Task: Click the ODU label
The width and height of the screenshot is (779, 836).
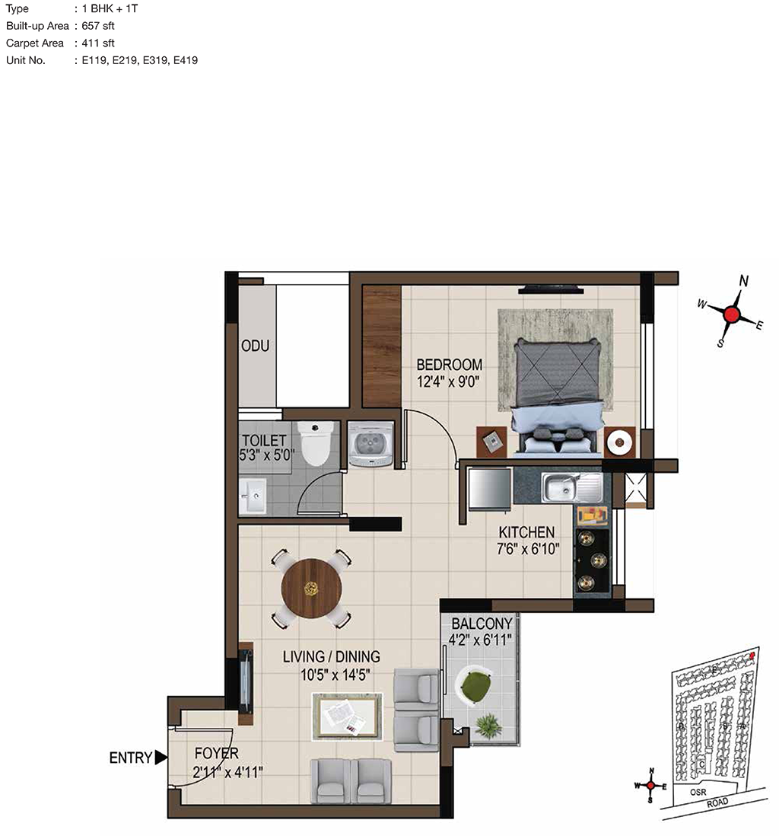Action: pos(255,346)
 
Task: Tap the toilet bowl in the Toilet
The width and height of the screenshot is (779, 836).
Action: pos(316,442)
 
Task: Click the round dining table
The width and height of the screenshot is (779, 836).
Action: pos(311,588)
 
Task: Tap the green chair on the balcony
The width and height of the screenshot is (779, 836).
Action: pos(474,687)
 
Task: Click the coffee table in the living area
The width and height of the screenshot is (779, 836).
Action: pos(348,716)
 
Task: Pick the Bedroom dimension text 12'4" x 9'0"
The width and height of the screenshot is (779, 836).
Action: pos(449,381)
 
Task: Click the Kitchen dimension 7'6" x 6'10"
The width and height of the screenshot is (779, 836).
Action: pos(528,549)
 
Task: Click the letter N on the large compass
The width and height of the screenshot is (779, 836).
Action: pos(744,281)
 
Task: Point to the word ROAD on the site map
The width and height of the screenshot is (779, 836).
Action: pos(717,803)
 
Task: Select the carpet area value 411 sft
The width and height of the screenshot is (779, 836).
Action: pos(98,43)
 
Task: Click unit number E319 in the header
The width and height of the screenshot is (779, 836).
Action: pos(155,60)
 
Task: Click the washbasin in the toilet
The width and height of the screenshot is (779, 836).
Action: pos(253,496)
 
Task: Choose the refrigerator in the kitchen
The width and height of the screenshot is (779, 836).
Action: pos(490,489)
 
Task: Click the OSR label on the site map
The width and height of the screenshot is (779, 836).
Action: pos(698,793)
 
